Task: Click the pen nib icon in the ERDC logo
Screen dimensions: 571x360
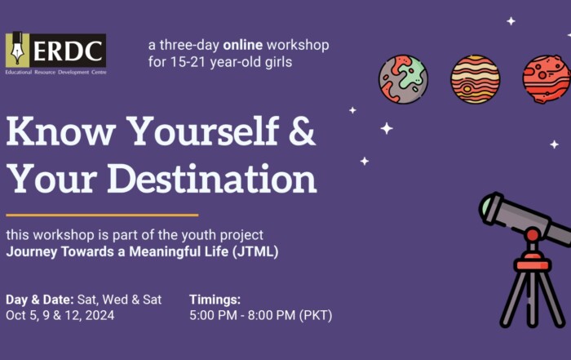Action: (x=17, y=49)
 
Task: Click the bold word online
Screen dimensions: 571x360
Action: (x=243, y=45)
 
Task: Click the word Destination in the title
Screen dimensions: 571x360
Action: (x=212, y=179)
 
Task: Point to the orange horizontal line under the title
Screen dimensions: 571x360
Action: (x=102, y=216)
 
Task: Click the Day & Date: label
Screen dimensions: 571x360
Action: (x=40, y=300)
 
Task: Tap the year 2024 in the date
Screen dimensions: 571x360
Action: (x=100, y=315)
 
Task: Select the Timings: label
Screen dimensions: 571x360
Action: (x=215, y=300)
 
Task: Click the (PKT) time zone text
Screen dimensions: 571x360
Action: (x=316, y=315)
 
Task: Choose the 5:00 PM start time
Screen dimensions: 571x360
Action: (x=213, y=315)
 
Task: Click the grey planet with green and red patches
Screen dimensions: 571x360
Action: (x=403, y=79)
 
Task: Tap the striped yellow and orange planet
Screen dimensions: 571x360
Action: (x=476, y=79)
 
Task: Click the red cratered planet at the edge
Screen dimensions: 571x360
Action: (x=547, y=79)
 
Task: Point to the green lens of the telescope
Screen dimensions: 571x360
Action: (x=486, y=207)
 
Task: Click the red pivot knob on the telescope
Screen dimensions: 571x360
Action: (x=533, y=234)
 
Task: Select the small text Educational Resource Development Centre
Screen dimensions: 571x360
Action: (x=56, y=72)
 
